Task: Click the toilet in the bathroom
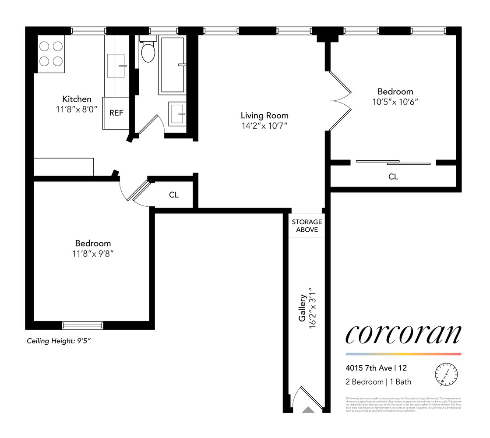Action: tap(148, 52)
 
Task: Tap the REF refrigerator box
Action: tap(116, 113)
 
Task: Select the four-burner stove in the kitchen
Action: tap(51, 53)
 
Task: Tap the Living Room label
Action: tap(264, 116)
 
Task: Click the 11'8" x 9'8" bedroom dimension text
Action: tap(92, 254)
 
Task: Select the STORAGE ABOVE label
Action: tap(307, 226)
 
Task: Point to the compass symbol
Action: tap(446, 374)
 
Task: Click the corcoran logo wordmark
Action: tap(403, 335)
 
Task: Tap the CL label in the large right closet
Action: tap(393, 177)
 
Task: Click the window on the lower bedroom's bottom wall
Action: tap(82, 325)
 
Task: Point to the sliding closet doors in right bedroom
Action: tap(393, 162)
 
